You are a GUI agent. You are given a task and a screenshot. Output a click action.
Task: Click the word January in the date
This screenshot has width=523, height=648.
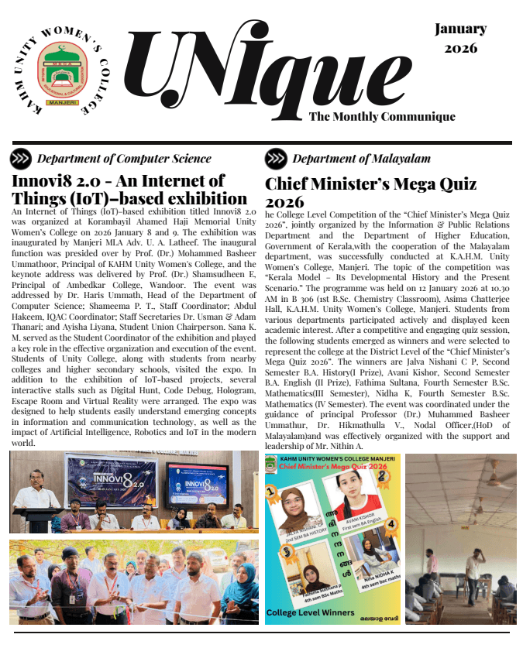tap(460, 29)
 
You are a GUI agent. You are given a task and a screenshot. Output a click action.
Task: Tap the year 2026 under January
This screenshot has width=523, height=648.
tap(460, 48)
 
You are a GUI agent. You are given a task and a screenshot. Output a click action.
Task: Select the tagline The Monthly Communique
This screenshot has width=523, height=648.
tap(382, 117)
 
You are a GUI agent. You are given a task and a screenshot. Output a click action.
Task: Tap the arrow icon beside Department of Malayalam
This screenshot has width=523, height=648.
tap(276, 159)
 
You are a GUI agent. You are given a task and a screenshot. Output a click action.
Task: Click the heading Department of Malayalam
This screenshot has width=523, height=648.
tap(361, 159)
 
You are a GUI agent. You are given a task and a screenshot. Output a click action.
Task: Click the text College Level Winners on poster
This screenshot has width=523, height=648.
tap(311, 613)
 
